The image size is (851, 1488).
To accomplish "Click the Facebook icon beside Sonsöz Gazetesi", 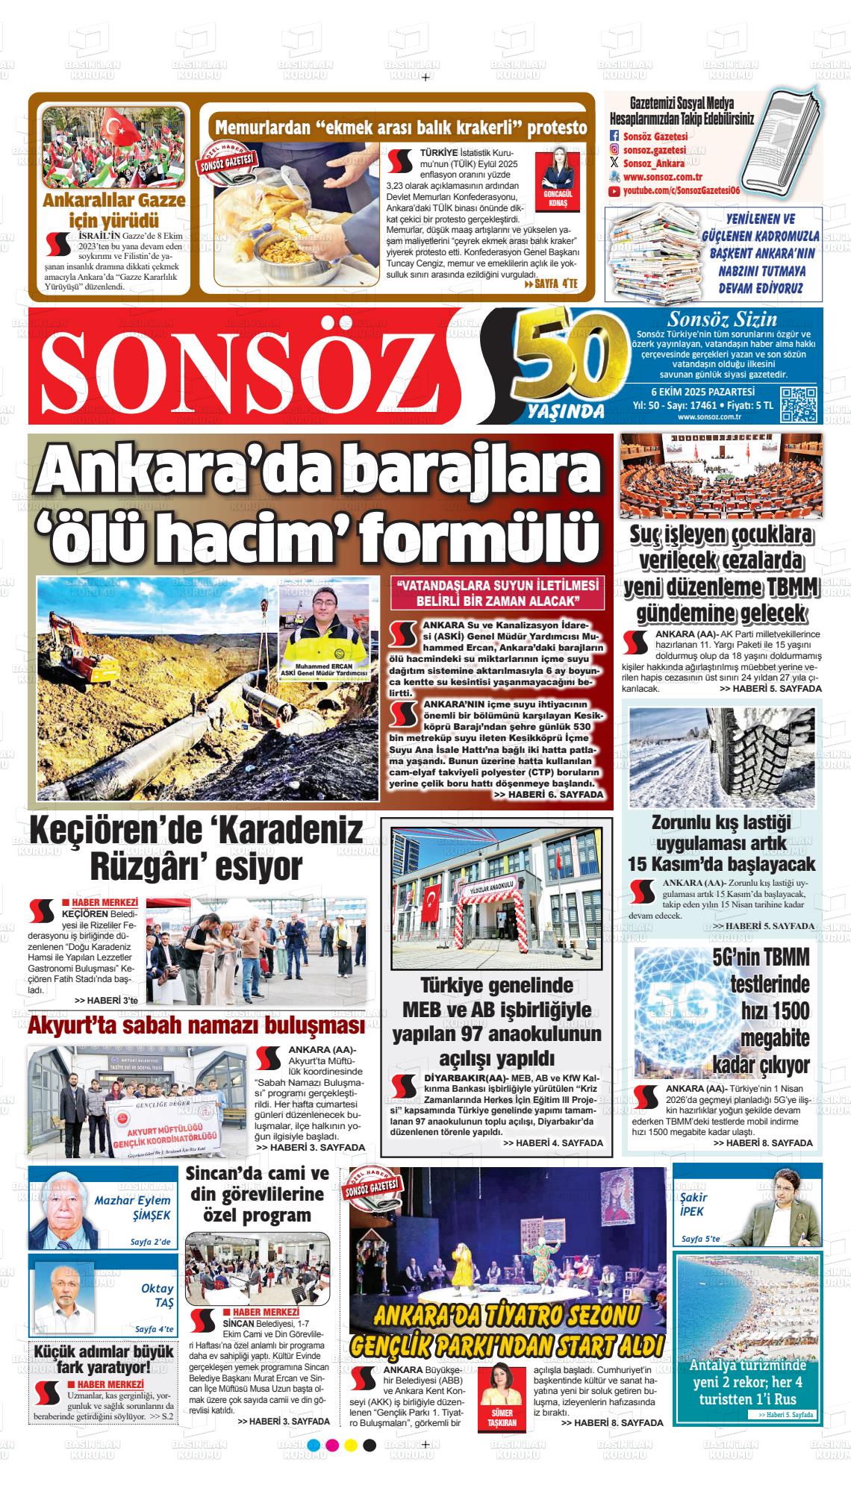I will click(614, 136).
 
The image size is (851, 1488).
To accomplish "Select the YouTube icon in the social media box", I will click(614, 192).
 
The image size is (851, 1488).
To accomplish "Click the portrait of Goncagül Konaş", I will click(558, 172).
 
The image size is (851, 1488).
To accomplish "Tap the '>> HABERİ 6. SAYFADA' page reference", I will click(549, 795).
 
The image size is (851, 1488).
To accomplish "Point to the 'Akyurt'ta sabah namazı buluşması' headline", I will click(196, 1027).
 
